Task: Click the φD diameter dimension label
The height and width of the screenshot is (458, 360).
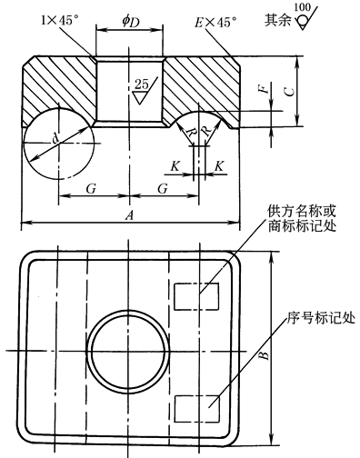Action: tap(131, 22)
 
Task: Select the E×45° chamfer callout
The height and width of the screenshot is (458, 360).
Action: tap(215, 22)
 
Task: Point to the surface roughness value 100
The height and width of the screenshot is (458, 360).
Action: tap(303, 7)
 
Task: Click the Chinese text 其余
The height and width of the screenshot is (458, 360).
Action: tap(278, 20)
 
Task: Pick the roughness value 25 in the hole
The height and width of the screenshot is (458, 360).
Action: tap(142, 85)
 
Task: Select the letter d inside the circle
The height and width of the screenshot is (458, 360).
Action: tap(55, 138)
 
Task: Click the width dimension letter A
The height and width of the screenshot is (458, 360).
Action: tap(129, 215)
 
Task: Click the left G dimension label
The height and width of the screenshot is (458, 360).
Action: tap(91, 189)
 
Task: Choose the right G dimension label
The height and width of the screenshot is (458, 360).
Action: tap(163, 189)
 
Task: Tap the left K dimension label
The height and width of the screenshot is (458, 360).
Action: tap(175, 166)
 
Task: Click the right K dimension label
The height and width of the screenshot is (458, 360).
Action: tap(219, 166)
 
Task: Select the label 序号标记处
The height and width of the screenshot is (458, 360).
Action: tap(321, 318)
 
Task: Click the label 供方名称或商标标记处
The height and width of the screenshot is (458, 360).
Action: tap(302, 219)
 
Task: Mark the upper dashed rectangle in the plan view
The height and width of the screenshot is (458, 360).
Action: tap(196, 296)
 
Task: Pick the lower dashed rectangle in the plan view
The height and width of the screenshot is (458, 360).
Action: tap(196, 409)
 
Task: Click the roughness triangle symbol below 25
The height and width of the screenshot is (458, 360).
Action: tap(140, 97)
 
